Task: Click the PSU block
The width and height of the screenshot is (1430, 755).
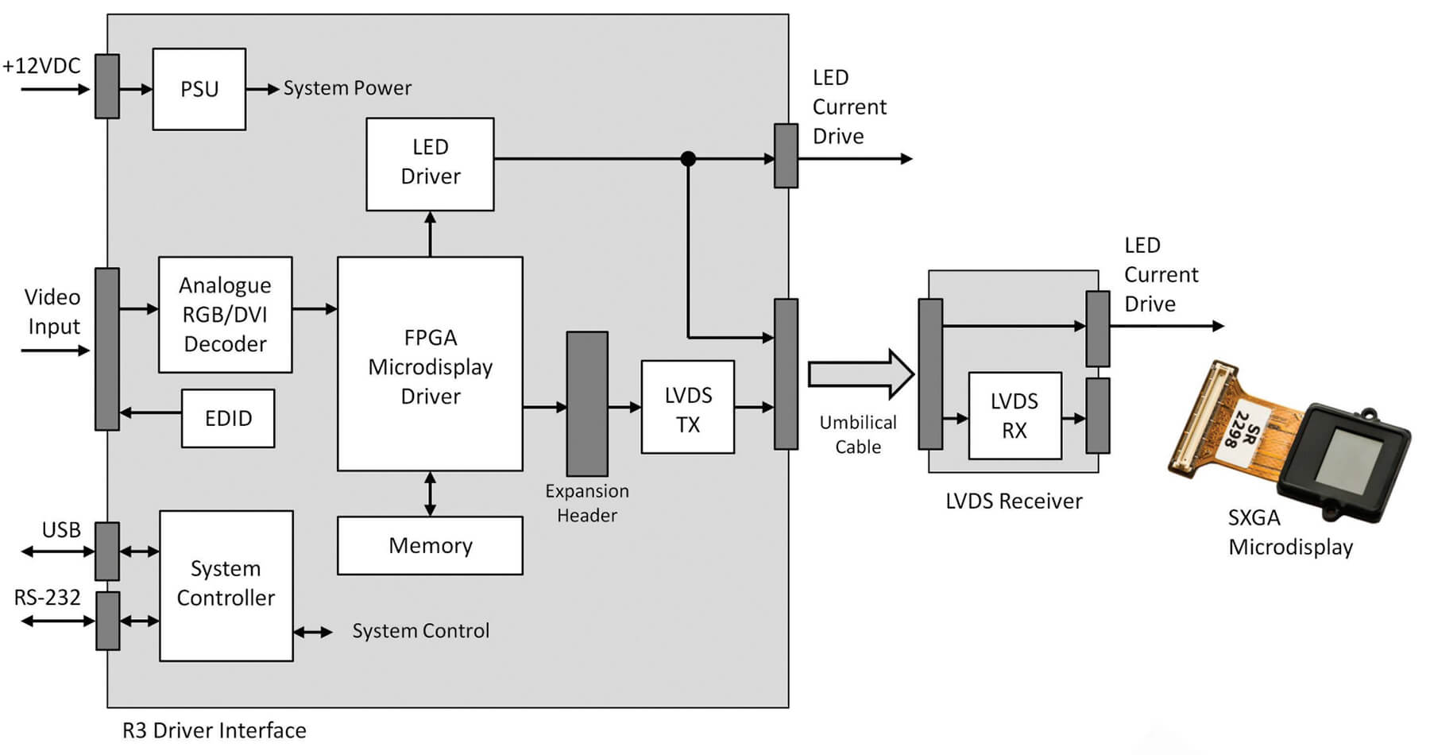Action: coord(199,89)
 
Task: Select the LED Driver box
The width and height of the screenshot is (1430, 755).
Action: coord(430,164)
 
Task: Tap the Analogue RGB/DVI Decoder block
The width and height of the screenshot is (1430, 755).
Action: coord(225,315)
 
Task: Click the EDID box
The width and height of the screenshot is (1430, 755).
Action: coord(228,418)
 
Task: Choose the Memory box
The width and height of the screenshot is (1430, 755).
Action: coord(430,545)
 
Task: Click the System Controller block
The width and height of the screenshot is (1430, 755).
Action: coord(226,585)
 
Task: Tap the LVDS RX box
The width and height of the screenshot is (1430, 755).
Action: coord(1015,416)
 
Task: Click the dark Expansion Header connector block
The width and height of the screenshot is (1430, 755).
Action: coord(587,404)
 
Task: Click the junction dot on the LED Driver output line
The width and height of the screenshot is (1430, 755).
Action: coord(688,159)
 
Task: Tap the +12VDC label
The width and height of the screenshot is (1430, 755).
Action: coord(41,66)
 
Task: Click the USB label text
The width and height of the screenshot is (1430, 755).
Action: coord(61,529)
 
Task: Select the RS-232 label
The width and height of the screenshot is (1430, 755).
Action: coord(47,597)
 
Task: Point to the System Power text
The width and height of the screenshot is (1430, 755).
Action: coord(347,88)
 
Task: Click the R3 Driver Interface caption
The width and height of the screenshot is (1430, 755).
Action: coord(214,730)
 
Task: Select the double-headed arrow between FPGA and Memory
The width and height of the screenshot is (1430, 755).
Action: coord(430,494)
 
